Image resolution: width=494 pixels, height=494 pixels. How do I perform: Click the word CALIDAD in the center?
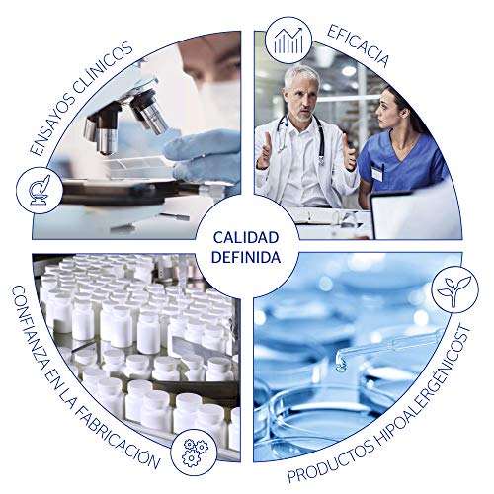(x=247, y=238)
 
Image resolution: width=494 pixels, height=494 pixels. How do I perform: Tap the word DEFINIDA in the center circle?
(x=247, y=256)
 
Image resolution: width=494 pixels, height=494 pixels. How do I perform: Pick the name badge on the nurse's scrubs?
(x=376, y=170)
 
